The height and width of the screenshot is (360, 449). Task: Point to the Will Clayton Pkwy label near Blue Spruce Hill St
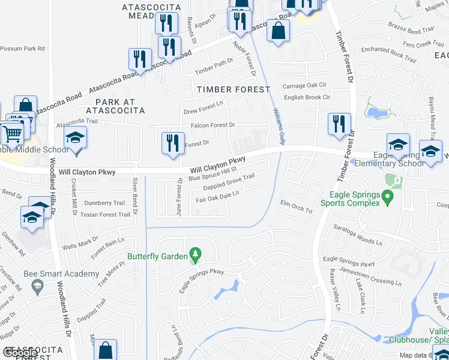[x=219, y=163]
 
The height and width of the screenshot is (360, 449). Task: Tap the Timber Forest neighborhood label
[x=232, y=89]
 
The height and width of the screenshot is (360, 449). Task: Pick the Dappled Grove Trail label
[x=229, y=181]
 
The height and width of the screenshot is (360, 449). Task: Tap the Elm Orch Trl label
[x=297, y=206]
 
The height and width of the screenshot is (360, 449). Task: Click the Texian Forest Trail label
[x=105, y=214]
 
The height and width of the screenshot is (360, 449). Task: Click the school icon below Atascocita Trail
[x=76, y=139]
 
